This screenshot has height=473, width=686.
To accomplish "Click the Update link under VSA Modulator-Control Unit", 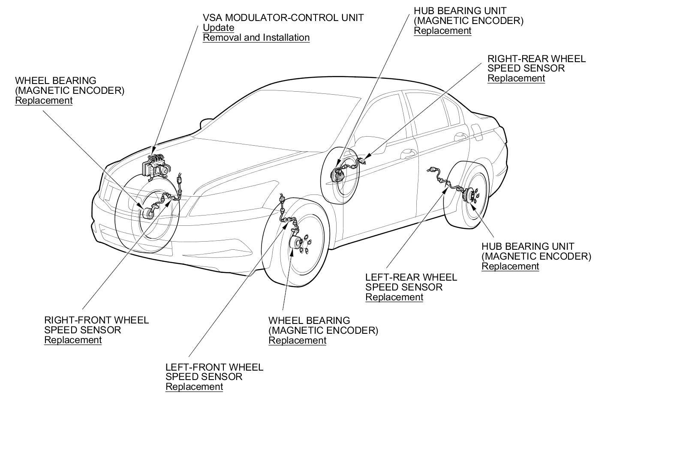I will coord(218,28).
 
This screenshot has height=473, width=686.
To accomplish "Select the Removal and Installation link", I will coord(256,38).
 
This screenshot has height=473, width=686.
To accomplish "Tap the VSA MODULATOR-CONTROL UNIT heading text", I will coord(283,18).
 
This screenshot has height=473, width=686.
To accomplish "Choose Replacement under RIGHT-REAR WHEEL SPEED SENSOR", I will coord(516,78).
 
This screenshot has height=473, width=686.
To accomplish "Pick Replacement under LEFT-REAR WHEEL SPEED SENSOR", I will coord(394,297).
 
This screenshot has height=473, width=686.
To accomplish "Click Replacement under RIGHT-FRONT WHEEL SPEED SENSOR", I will coord(73,340).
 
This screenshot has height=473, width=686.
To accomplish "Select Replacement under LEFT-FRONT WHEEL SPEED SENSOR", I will coord(194,387).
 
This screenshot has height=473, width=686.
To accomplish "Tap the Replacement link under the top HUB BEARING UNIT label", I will coord(442,31).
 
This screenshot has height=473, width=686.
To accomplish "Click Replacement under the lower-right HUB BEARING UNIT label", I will coord(510,266).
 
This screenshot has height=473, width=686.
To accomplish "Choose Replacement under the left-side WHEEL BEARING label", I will coord(44,101).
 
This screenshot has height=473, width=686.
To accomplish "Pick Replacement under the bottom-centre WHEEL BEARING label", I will coord(297,341).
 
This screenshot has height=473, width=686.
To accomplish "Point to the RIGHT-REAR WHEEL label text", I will coord(536,59).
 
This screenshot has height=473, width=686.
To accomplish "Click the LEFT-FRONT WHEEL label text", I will coord(214,367).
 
